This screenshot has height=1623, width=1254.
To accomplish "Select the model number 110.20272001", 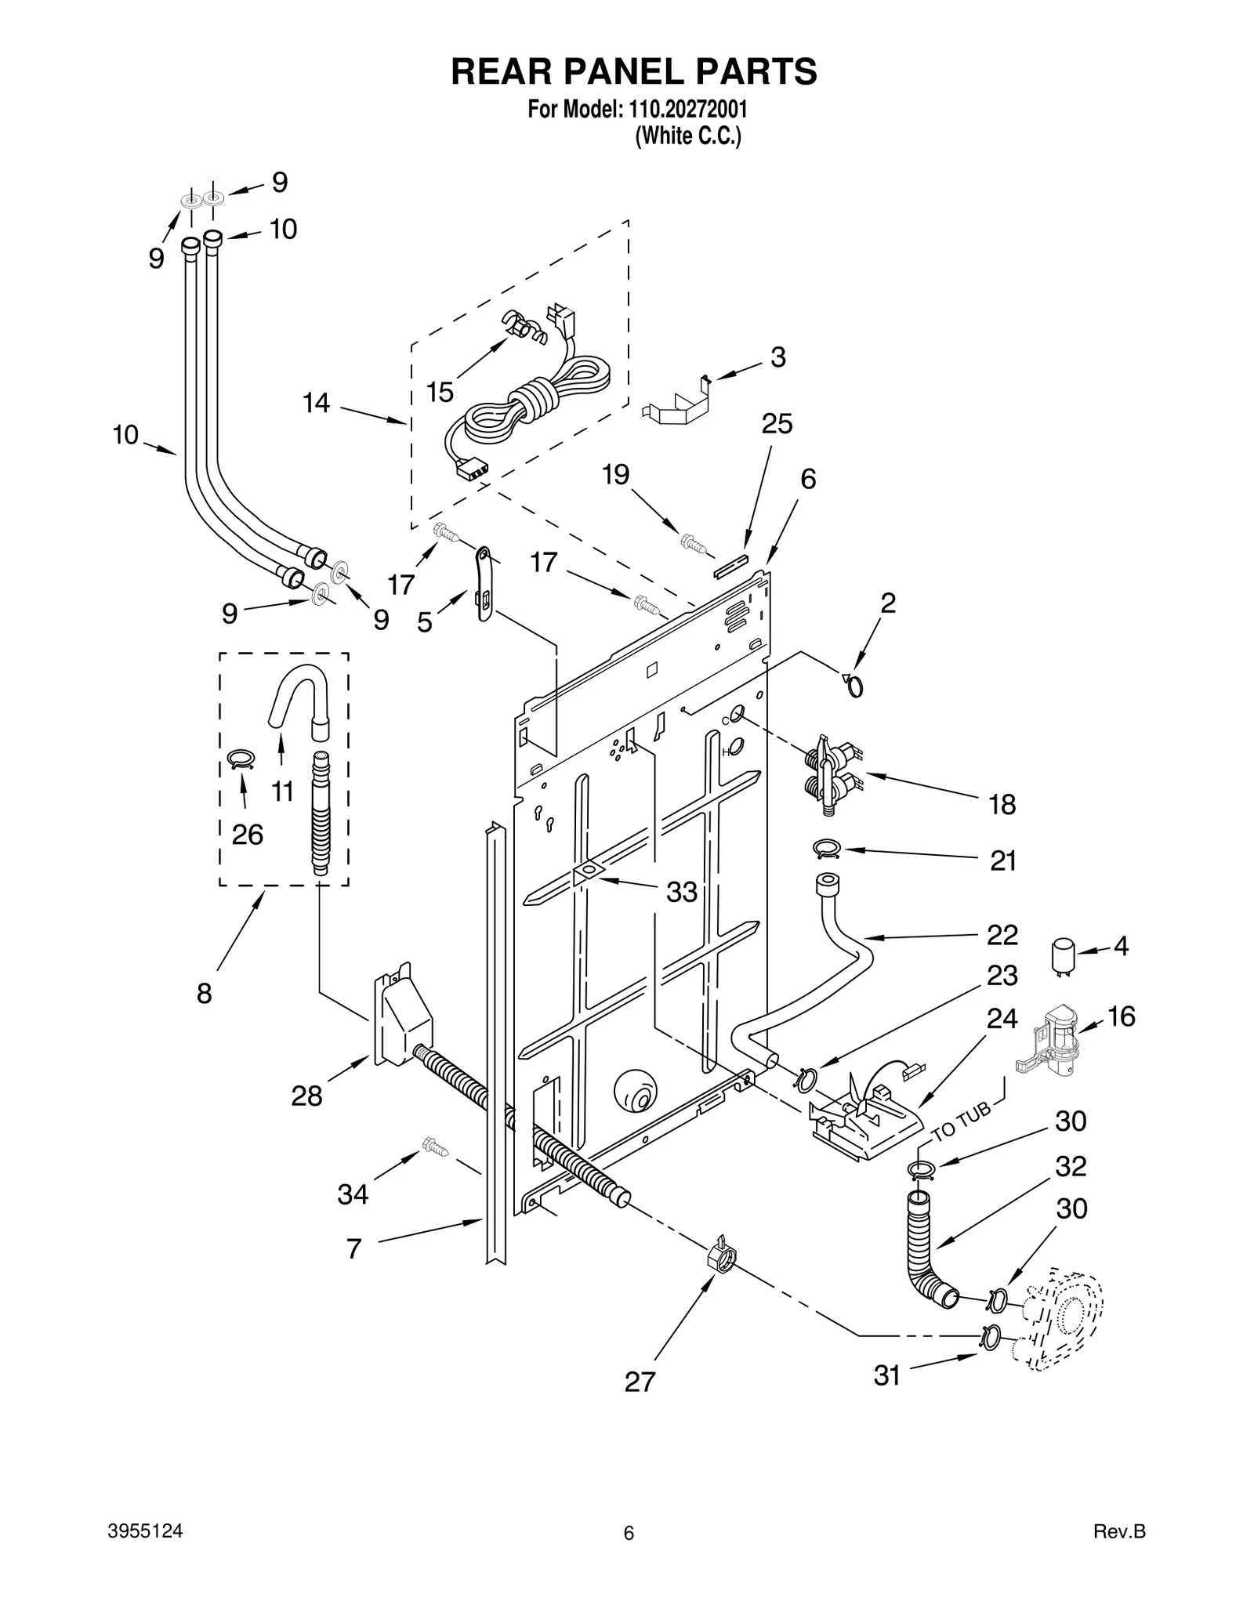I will (687, 108).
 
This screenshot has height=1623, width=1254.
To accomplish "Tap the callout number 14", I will (317, 403).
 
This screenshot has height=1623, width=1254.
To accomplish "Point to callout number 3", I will (777, 357).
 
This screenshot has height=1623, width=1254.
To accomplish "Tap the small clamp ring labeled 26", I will (241, 758).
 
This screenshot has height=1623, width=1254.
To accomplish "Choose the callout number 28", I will (306, 1096).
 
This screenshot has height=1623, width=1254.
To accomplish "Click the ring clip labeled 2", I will (854, 686).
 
